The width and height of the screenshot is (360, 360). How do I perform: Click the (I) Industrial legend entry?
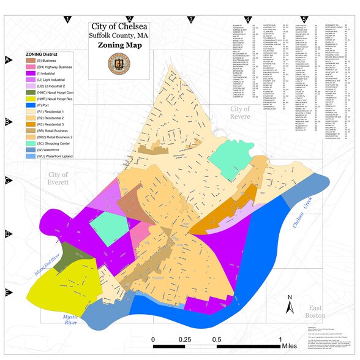(x=51, y=73)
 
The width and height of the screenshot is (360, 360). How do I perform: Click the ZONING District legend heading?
(x=49, y=54)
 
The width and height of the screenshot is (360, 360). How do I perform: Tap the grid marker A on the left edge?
(x=8, y=59)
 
